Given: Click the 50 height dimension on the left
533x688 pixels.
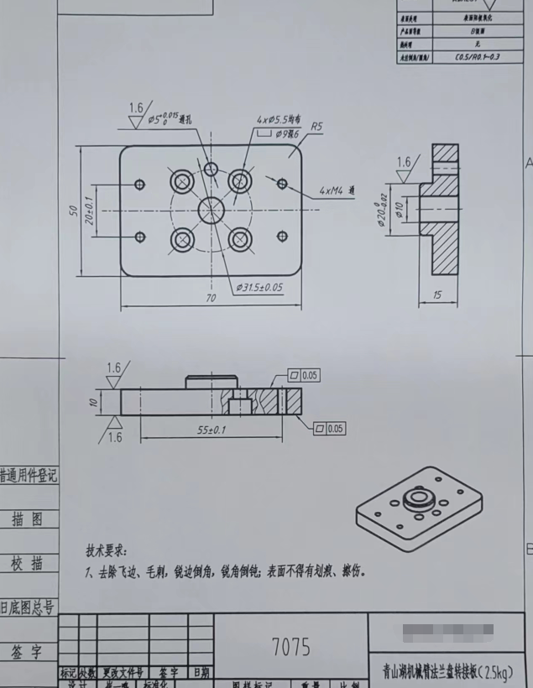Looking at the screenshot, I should [x=73, y=211].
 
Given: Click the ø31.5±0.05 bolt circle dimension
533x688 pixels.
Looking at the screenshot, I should [x=259, y=287].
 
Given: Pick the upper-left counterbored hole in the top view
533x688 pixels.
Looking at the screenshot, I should [x=181, y=181].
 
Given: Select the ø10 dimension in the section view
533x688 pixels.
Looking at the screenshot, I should [x=400, y=207].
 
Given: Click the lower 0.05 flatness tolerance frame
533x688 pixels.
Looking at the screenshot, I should [x=329, y=429].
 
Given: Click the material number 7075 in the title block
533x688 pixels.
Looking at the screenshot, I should [x=290, y=647].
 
